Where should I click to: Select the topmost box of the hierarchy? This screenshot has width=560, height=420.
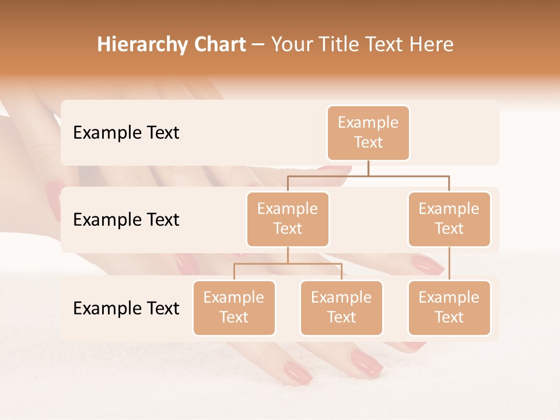pyautogui.click(x=368, y=132)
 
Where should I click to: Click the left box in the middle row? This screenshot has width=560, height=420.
pyautogui.click(x=288, y=219)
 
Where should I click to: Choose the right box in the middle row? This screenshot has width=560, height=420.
pyautogui.click(x=449, y=219)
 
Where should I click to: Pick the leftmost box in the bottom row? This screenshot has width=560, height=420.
pyautogui.click(x=234, y=307)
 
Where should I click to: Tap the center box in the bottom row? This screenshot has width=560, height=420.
pyautogui.click(x=341, y=307)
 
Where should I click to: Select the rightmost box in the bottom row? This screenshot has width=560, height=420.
pyautogui.click(x=449, y=307)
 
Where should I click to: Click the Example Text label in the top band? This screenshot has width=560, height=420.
pyautogui.click(x=126, y=133)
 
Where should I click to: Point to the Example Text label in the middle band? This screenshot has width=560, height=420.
pyautogui.click(x=126, y=220)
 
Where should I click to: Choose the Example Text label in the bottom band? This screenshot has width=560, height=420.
pyautogui.click(x=126, y=308)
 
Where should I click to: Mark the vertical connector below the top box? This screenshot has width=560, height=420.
pyautogui.click(x=368, y=168)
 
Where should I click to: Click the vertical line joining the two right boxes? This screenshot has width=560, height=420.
pyautogui.click(x=449, y=264)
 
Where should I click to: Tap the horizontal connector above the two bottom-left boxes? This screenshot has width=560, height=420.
pyautogui.click(x=288, y=264)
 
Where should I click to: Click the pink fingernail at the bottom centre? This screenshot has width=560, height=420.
pyautogui.click(x=297, y=372)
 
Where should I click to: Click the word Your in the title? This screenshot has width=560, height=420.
pyautogui.click(x=290, y=45)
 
